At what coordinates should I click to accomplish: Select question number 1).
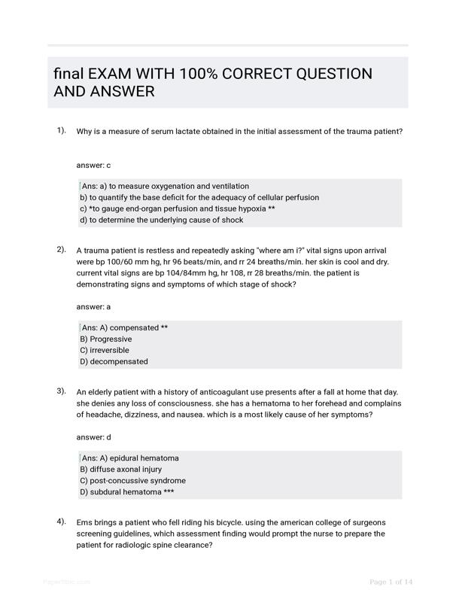tap(62, 130)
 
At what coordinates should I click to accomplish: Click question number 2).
tap(62, 249)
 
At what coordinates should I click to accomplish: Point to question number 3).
tap(62, 391)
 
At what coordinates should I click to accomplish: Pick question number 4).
tap(62, 521)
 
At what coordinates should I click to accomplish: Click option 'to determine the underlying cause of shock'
tap(166, 220)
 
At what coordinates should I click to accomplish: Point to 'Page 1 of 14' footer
tap(391, 582)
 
